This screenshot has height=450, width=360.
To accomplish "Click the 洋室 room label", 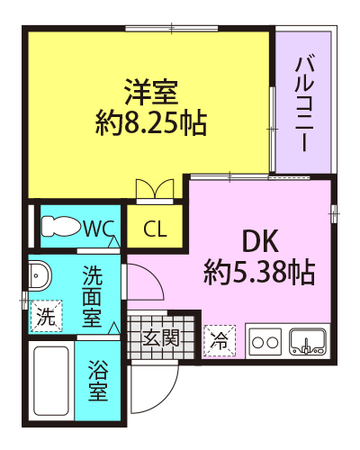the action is tap(151, 92).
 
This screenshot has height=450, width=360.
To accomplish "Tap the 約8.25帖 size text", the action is tap(151, 123).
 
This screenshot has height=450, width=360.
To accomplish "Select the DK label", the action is tap(260, 240).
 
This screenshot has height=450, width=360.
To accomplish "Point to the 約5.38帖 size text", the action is tap(259, 273).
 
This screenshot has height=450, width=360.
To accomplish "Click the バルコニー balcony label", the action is tap(304, 103).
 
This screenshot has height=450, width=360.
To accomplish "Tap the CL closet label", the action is tap(155, 229).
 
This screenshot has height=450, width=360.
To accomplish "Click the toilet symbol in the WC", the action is tap(61, 227).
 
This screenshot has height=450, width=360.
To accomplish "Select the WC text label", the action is tap(98, 229).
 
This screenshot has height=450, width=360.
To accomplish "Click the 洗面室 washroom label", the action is tap(92, 296).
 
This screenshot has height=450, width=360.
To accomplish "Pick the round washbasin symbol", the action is tap(40, 275).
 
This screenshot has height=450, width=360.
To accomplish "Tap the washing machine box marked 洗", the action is tap(46, 316).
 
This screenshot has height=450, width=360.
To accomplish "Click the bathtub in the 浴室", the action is tap(51, 381).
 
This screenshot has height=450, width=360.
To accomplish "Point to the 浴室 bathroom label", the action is tap(98, 381).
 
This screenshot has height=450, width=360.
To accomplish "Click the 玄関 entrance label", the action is tap(161, 337).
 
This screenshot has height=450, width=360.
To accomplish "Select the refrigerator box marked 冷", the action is tap(220, 341).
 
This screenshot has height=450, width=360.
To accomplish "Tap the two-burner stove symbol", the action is tap(265, 342).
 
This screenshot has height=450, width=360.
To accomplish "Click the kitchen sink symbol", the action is tap(307, 341).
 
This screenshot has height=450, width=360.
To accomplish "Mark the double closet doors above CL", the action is tap(155, 189).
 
